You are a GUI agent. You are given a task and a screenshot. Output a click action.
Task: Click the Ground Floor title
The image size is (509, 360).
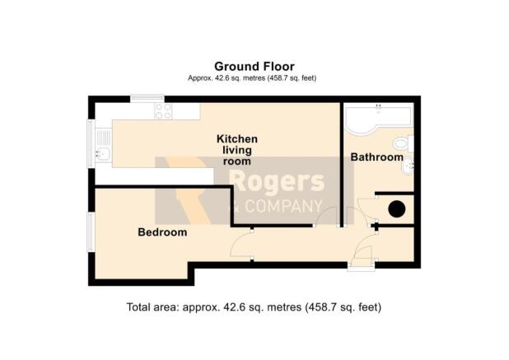254,67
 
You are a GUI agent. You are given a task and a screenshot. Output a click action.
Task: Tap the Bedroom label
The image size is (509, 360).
162,232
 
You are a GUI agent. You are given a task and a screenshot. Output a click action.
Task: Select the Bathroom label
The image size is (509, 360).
377,157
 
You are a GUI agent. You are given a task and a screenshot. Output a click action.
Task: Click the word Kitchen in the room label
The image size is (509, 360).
237,139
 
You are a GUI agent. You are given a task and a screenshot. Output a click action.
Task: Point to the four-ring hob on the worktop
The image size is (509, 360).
163,111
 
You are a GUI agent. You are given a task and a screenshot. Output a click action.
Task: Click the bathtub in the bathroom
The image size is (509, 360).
378,118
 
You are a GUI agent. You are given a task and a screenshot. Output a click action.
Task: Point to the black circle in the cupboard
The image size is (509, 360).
397,209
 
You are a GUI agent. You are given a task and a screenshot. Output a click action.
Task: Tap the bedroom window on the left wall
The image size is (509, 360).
91,231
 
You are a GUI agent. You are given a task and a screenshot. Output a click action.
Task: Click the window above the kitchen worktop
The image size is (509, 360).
147,98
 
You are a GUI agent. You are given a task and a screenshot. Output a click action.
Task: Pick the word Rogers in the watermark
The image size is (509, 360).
278,182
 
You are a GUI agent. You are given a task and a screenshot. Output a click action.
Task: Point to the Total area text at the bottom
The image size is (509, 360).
254,306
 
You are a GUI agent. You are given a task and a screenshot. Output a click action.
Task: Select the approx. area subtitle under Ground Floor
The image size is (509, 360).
252,78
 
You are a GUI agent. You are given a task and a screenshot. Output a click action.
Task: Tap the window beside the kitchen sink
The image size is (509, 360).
91,144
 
